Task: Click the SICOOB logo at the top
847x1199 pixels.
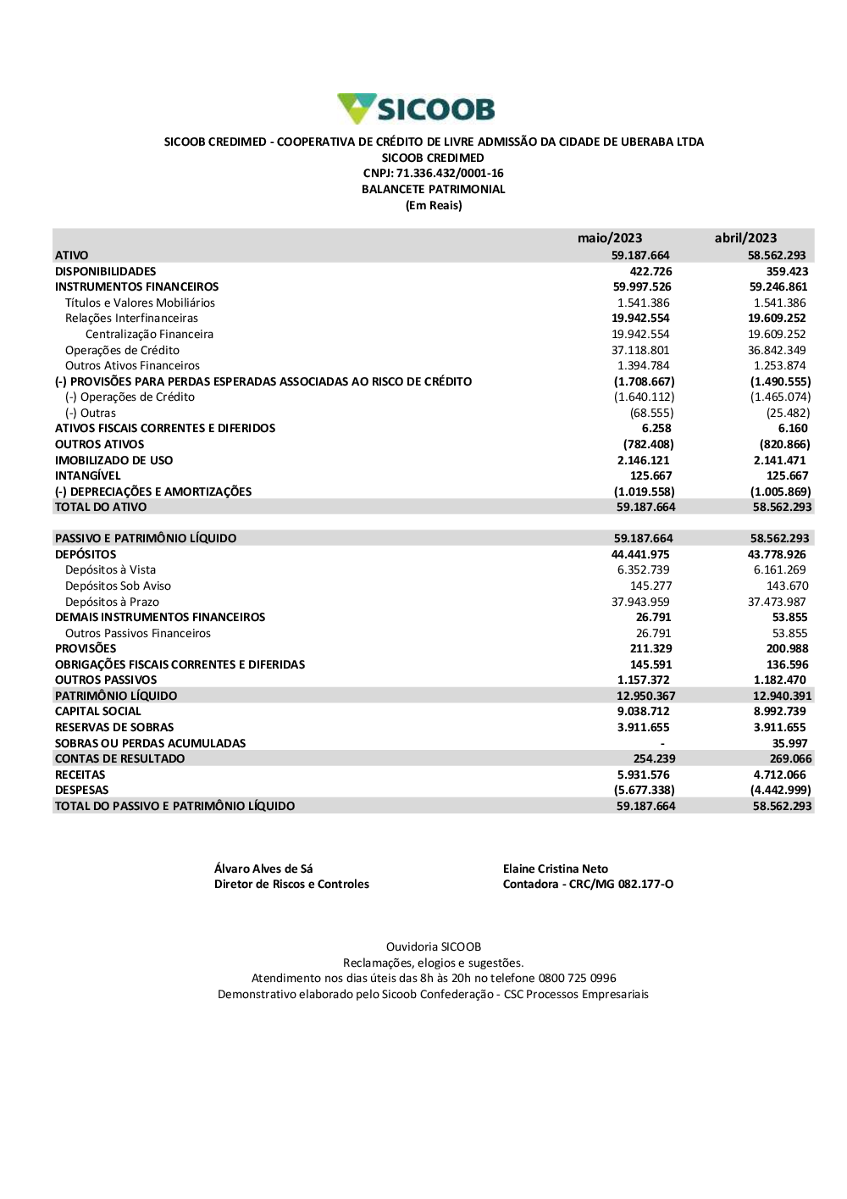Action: [x=416, y=109]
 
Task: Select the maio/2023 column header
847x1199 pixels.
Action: [x=610, y=238]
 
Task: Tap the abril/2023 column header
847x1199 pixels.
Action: [x=745, y=238]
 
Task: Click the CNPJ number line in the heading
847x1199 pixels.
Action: [x=433, y=174]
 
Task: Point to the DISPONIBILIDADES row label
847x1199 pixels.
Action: [x=106, y=271]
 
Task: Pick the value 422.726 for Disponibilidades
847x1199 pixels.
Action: [x=650, y=271]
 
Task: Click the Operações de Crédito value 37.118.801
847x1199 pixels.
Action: [x=640, y=350]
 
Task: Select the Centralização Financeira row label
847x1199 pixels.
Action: [x=149, y=335]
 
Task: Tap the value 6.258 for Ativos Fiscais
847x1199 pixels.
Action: [x=656, y=429]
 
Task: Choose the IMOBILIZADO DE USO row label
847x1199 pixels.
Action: [x=113, y=460]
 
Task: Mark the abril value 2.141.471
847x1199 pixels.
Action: [x=781, y=460]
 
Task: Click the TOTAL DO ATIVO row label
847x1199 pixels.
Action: [x=101, y=508]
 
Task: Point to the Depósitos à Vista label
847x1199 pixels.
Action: [x=110, y=570]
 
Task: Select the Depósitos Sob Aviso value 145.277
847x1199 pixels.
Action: [x=650, y=586]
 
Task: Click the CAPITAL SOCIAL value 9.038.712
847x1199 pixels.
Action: [x=643, y=712]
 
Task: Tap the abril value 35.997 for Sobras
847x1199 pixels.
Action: [x=789, y=743]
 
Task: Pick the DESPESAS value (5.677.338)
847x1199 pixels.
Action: [x=645, y=791]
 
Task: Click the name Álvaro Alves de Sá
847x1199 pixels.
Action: [x=263, y=869]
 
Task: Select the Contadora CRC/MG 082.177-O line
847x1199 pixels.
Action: [x=588, y=885]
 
